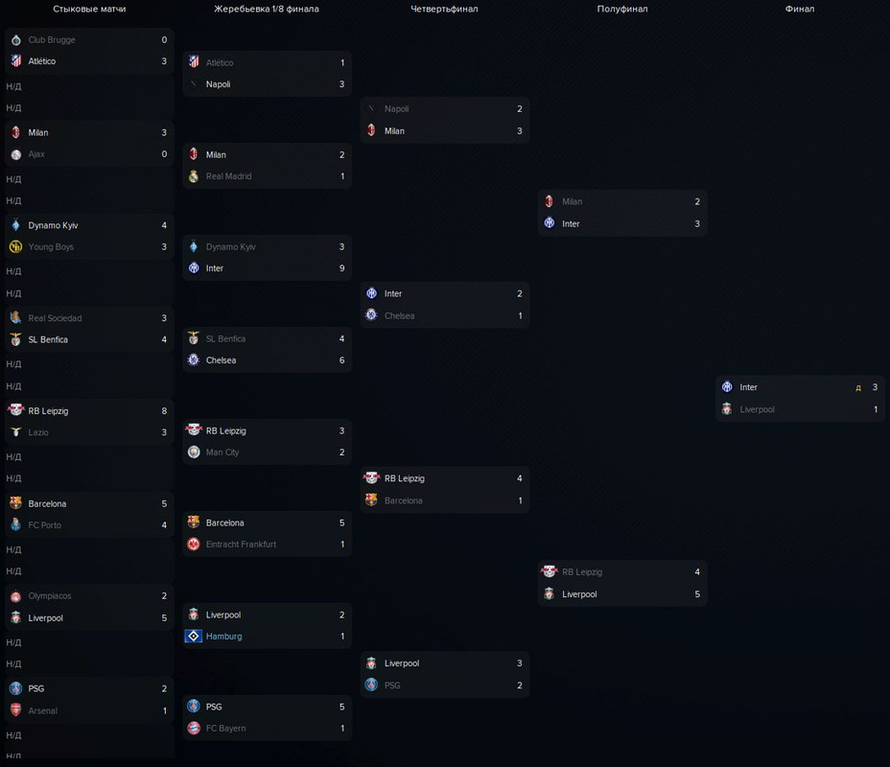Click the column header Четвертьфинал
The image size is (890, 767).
[x=444, y=9]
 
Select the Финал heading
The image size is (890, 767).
[x=799, y=9]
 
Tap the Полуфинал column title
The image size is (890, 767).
[x=621, y=9]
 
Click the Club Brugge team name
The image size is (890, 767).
[x=52, y=40]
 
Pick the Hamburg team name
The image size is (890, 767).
[x=223, y=637]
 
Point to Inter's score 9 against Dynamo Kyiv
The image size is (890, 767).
[x=342, y=268]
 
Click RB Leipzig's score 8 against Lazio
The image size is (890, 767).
[x=164, y=411]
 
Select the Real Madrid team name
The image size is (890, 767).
[x=228, y=176]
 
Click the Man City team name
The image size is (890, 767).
[x=222, y=453]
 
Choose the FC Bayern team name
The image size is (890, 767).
[x=225, y=729]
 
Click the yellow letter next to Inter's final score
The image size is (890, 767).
[x=858, y=388]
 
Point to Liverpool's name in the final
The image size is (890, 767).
[x=757, y=409]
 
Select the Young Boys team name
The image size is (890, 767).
[x=51, y=247]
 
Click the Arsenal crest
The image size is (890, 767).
[x=15, y=710]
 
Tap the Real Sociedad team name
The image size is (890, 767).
[x=55, y=318]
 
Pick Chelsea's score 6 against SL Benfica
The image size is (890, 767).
[x=342, y=360]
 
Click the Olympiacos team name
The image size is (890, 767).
[x=50, y=596]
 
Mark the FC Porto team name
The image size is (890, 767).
[x=45, y=525]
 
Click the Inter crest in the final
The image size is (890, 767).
[x=727, y=387]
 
